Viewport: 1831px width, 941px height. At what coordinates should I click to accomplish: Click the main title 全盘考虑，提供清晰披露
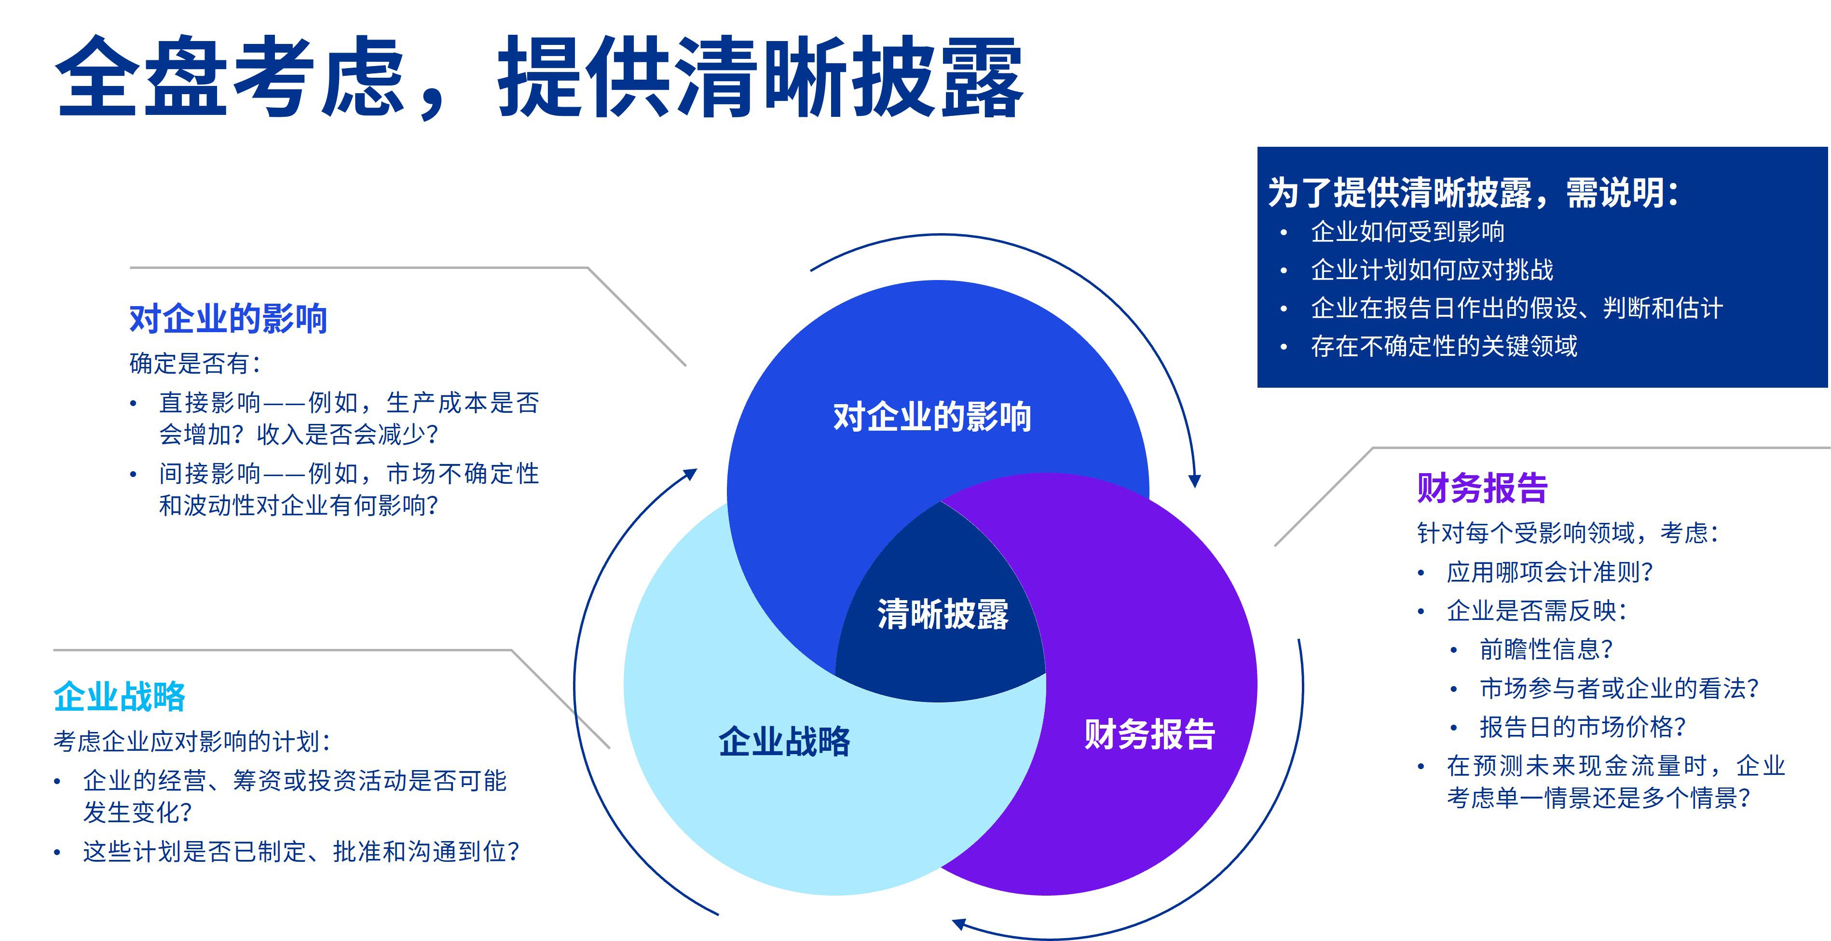[x=538, y=77]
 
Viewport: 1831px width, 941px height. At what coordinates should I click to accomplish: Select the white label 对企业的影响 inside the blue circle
[x=932, y=417]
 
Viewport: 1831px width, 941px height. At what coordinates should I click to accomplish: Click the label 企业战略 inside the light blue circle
[x=784, y=741]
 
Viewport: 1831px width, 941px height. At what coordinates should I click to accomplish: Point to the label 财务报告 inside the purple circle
[x=1149, y=734]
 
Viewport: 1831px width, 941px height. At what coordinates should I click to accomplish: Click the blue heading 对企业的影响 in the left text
[x=228, y=319]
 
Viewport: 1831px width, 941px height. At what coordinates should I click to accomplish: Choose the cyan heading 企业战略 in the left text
[x=120, y=696]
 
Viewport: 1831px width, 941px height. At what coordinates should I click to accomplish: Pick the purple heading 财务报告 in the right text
[x=1482, y=488]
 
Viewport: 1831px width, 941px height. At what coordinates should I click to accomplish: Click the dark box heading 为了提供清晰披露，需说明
[x=1474, y=193]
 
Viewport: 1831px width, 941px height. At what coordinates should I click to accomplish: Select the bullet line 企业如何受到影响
[x=1407, y=232]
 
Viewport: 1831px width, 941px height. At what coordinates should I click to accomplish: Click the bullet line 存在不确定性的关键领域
[x=1444, y=346]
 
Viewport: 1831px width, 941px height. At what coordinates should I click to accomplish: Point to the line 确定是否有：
[x=195, y=364]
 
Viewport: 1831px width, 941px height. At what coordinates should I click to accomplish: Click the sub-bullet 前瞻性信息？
[x=1546, y=649]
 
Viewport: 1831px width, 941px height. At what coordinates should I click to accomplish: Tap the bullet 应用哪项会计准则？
[x=1549, y=572]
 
